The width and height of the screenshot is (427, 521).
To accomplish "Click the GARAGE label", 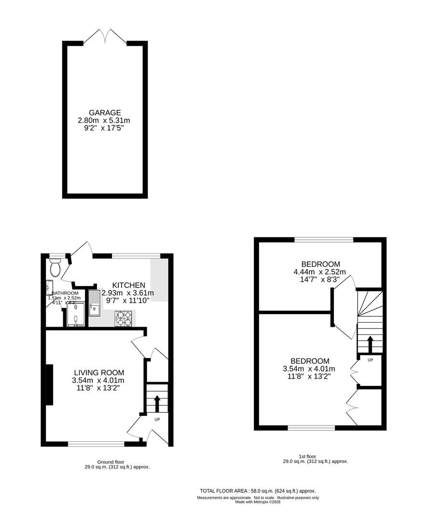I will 104,113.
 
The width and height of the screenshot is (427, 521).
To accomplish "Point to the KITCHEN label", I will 128,285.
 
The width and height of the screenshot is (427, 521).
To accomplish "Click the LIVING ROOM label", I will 99,372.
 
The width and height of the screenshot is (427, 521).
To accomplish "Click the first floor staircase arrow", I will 370,343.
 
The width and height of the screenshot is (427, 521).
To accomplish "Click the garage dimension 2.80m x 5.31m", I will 104,121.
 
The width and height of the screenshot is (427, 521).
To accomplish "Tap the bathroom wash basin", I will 49,288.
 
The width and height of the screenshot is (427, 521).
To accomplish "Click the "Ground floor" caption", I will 110,462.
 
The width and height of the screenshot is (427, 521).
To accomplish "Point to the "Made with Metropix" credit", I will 258,502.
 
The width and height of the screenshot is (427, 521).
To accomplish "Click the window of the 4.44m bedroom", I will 324,239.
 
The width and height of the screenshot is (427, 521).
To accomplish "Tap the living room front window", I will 96,444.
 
